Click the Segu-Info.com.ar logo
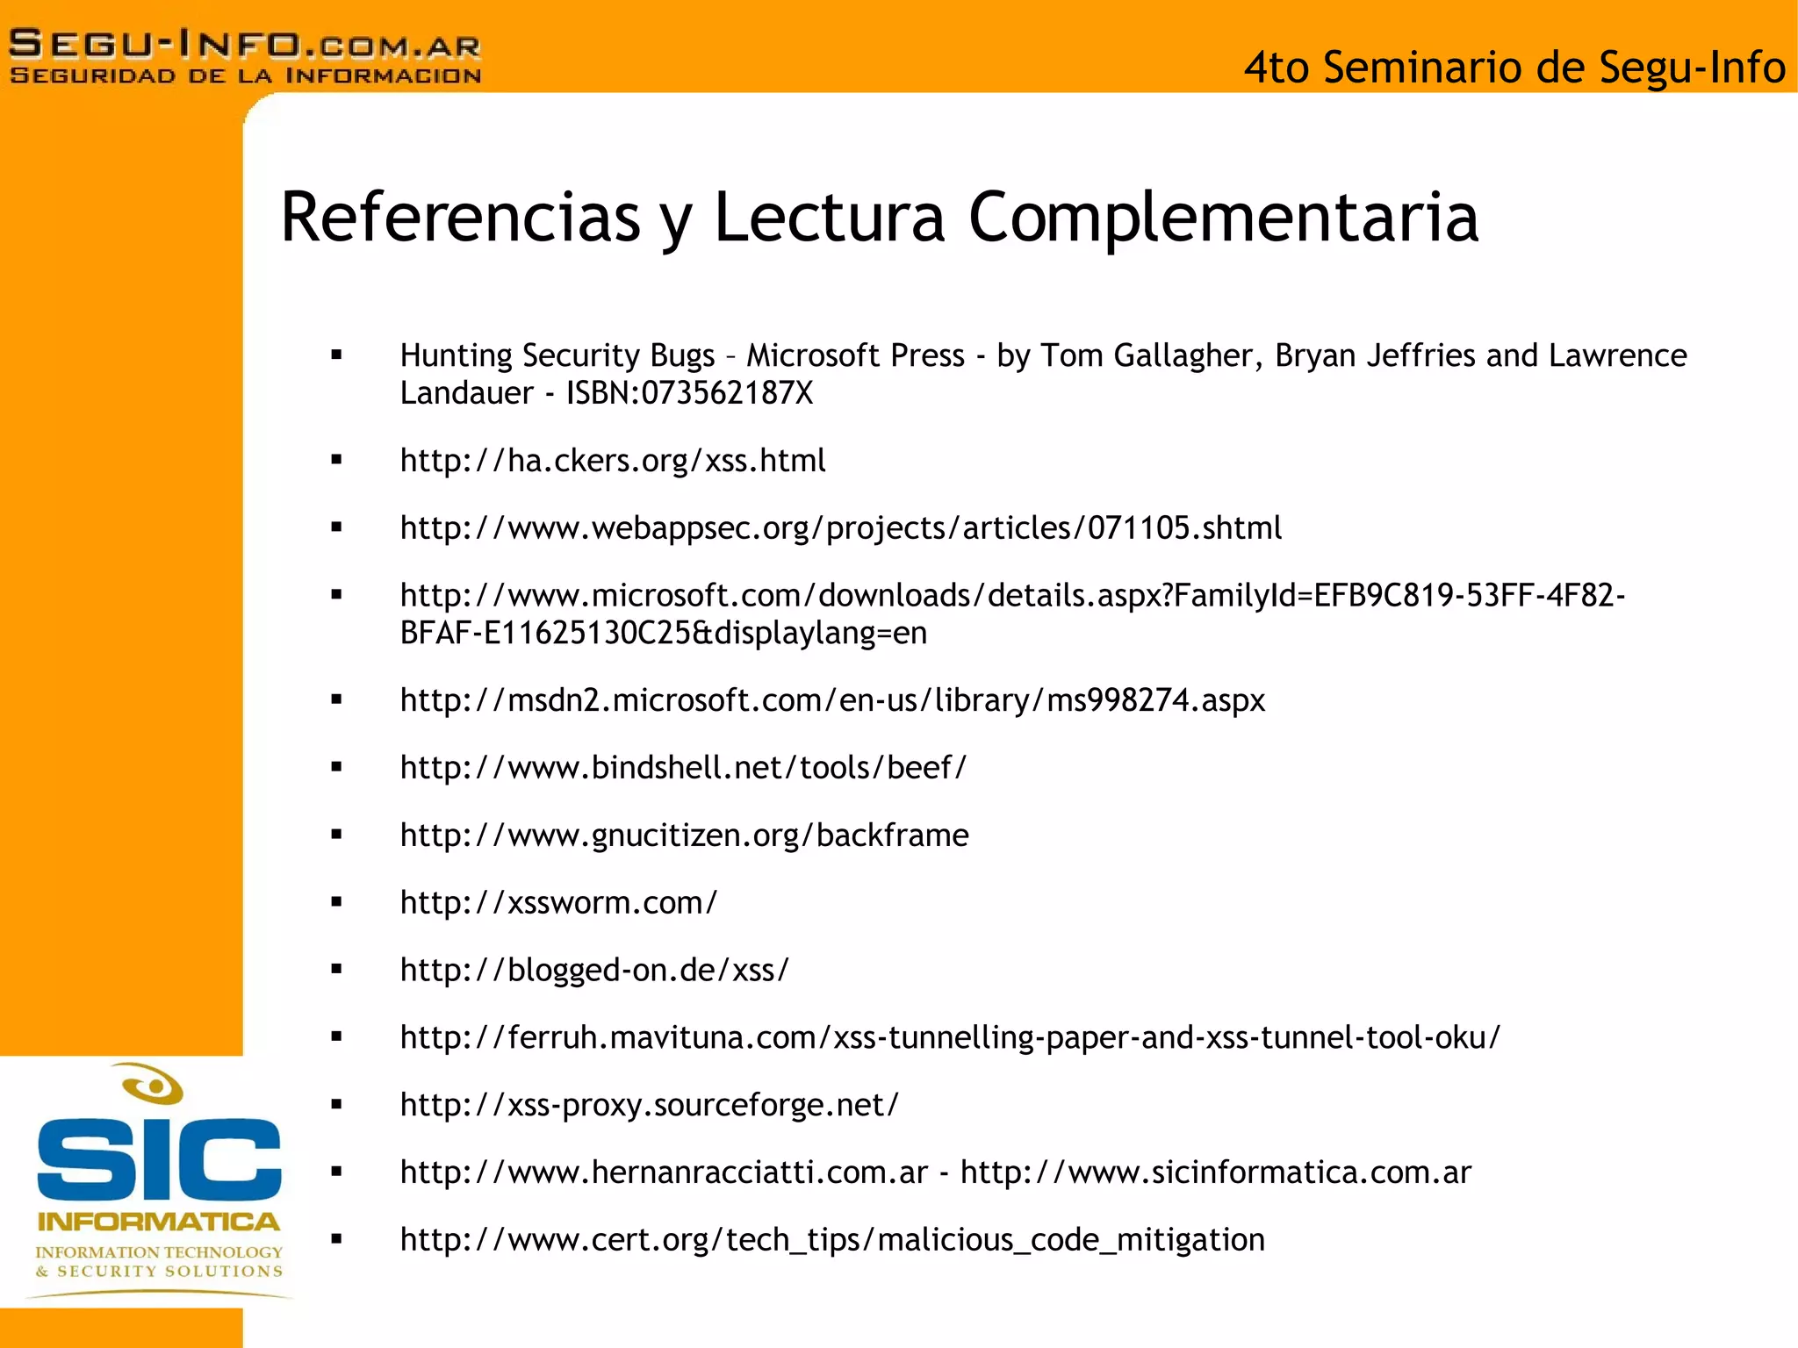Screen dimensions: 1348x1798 (x=245, y=55)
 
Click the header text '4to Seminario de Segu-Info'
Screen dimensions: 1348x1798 (x=1514, y=68)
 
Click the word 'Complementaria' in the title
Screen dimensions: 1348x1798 (x=1224, y=217)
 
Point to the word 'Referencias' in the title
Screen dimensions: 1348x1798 (x=460, y=217)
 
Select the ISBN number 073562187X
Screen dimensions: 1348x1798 (x=727, y=393)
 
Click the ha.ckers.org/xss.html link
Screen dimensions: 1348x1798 (x=613, y=461)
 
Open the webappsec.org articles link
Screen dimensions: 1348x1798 (x=840, y=528)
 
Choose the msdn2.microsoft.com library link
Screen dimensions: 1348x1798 (x=832, y=700)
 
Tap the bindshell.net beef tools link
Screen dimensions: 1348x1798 (x=683, y=768)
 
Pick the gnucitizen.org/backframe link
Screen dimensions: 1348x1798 (x=684, y=835)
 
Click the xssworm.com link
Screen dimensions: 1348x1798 (x=558, y=903)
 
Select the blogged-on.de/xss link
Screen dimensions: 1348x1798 (x=594, y=971)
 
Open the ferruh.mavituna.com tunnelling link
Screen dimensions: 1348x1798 (x=950, y=1037)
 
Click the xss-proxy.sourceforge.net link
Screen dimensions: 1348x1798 (x=649, y=1105)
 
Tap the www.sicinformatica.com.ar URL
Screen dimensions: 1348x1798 (x=1215, y=1172)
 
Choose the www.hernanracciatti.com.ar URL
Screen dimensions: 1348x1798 (x=664, y=1172)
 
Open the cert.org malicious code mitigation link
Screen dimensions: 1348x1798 (x=832, y=1240)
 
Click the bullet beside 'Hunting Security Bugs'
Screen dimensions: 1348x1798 (x=336, y=355)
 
